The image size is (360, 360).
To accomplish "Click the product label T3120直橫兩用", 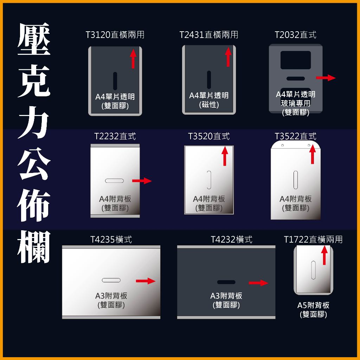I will pyautogui.click(x=115, y=35).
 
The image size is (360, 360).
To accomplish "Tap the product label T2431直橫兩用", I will pyautogui.click(x=208, y=35).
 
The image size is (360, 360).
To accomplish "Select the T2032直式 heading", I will pyautogui.click(x=295, y=35).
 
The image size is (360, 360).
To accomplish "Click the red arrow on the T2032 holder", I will pyautogui.click(x=326, y=78).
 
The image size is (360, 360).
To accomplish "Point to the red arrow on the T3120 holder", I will pyautogui.click(x=133, y=58).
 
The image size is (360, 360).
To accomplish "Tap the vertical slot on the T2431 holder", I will pyautogui.click(x=209, y=79).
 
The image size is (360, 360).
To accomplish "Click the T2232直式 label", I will pyautogui.click(x=115, y=136).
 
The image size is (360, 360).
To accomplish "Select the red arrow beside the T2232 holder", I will pyautogui.click(x=142, y=181).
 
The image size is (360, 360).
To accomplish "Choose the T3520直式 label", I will pyautogui.click(x=209, y=136).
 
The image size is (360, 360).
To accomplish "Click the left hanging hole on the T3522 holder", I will pyautogui.click(x=282, y=145).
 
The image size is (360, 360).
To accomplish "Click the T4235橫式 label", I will pyautogui.click(x=111, y=239).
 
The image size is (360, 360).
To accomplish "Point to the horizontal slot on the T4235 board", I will pyautogui.click(x=111, y=280).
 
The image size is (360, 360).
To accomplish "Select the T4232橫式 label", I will pyautogui.click(x=231, y=239).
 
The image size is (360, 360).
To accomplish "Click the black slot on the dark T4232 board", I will pyautogui.click(x=226, y=282).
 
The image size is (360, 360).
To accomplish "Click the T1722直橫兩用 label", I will pyautogui.click(x=313, y=239).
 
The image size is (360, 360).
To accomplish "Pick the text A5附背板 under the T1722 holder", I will pyautogui.click(x=313, y=305).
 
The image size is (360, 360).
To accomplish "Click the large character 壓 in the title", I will pyautogui.click(x=34, y=40).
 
